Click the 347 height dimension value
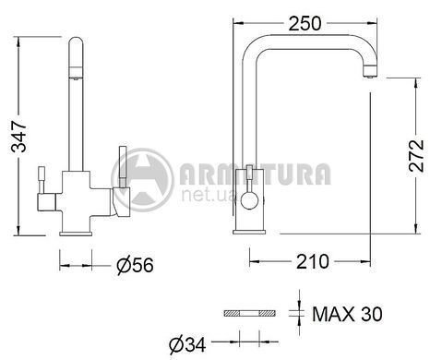19,137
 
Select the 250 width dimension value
305,23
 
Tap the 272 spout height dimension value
417,156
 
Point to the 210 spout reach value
313,262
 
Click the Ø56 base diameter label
135,265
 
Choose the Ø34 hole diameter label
187,344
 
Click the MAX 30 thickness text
348,314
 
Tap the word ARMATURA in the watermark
256,174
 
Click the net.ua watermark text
209,196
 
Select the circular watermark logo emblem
142,180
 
